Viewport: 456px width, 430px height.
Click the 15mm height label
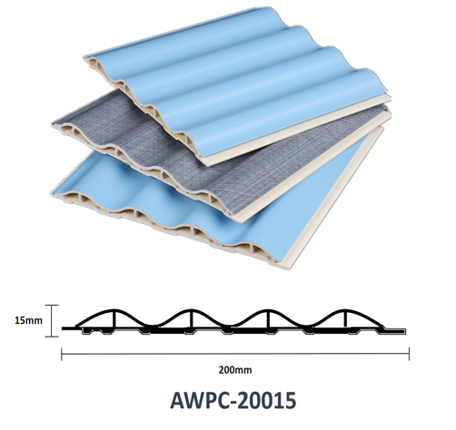(x=29, y=320)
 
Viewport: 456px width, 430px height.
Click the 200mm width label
(x=235, y=370)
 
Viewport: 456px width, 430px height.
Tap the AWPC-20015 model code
(x=233, y=400)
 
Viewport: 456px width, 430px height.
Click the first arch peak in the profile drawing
(x=114, y=310)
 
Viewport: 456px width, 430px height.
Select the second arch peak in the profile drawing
(x=192, y=310)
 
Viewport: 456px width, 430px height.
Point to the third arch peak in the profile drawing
(x=268, y=310)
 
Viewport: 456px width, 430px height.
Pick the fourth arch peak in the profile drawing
(x=345, y=310)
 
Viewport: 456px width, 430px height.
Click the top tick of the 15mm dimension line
(x=52, y=305)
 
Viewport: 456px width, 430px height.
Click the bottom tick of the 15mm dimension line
(x=52, y=336)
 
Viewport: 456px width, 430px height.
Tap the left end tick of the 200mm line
(x=62, y=354)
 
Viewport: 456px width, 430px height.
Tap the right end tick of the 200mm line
(x=409, y=354)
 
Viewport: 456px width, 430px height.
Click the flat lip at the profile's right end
(x=394, y=330)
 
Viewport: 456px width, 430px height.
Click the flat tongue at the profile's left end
(x=69, y=328)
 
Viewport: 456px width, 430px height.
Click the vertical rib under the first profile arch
(x=114, y=319)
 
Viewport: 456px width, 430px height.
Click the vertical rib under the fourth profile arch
(x=345, y=319)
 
